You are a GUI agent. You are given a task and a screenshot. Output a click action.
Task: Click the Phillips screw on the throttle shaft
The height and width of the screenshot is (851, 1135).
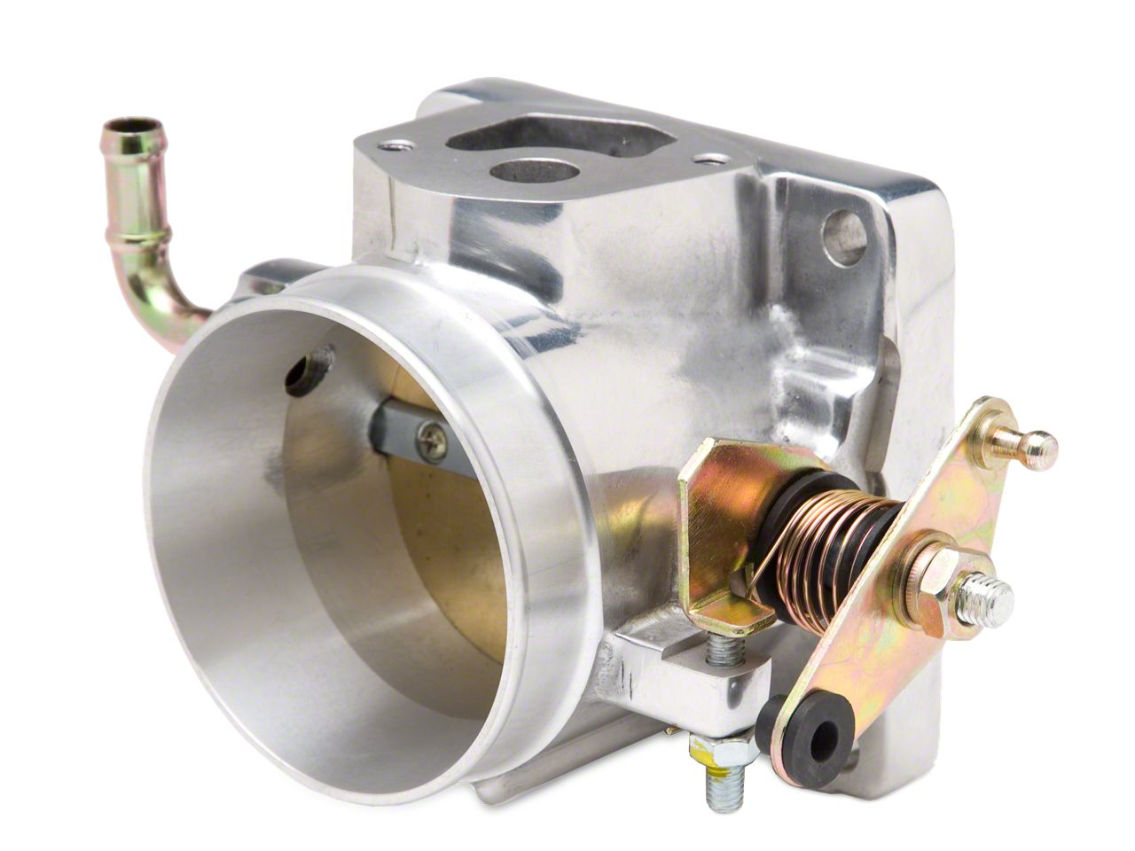tap(434, 441)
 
